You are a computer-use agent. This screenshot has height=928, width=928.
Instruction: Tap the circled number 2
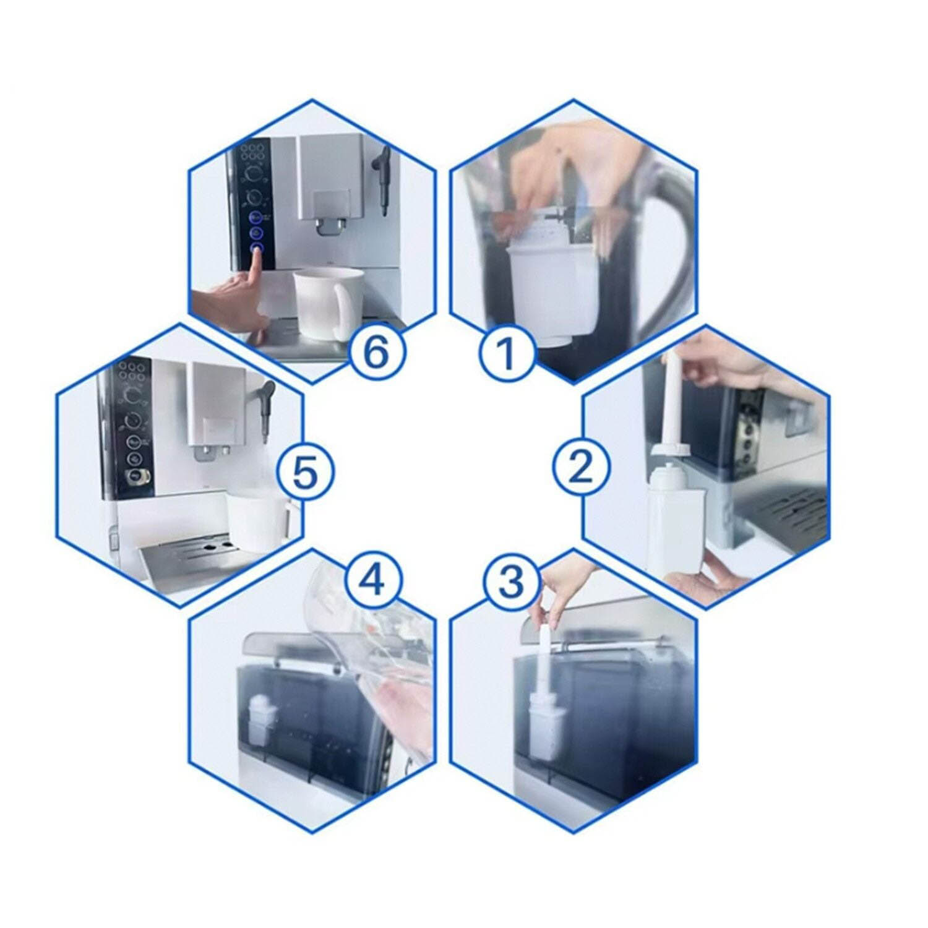click(580, 466)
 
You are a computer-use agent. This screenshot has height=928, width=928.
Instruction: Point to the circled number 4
click(373, 580)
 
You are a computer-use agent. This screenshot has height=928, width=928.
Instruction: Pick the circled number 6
click(377, 354)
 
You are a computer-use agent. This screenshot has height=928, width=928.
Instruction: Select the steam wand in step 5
click(266, 408)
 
